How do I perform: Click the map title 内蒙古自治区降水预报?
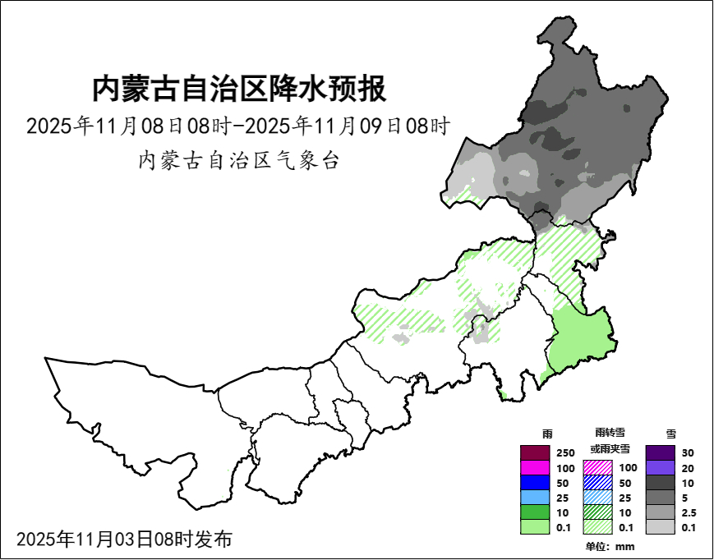click(238, 89)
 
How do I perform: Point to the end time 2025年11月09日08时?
click(348, 126)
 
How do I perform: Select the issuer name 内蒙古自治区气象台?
click(238, 160)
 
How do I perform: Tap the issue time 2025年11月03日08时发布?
click(124, 539)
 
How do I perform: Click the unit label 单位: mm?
click(610, 547)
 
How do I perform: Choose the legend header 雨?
click(548, 433)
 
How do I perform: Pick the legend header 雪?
click(671, 433)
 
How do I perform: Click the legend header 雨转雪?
click(610, 433)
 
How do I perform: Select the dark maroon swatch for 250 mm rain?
click(535, 452)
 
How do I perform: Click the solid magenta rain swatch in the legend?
click(535, 467)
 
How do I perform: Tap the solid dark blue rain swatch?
click(535, 482)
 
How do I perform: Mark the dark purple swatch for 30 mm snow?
click(660, 452)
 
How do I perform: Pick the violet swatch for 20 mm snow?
click(660, 467)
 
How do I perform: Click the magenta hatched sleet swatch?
click(597, 467)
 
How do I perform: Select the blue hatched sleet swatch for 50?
click(597, 482)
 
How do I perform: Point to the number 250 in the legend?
click(565, 453)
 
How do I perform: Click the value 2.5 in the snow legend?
click(689, 512)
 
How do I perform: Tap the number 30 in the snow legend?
click(688, 453)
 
